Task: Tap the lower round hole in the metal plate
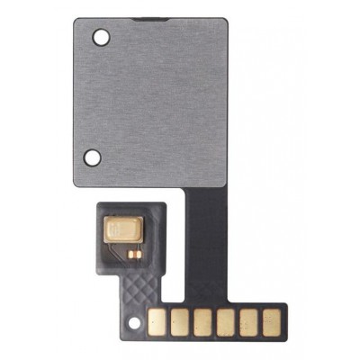(92, 157)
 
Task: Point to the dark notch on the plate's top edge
(144, 19)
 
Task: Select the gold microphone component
(128, 232)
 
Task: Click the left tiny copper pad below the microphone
(131, 254)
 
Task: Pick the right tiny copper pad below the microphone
(139, 254)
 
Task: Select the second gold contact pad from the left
(181, 319)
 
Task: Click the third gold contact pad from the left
(202, 319)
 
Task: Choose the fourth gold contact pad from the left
(225, 319)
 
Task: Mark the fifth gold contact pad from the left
(247, 319)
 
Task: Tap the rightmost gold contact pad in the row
(269, 319)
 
